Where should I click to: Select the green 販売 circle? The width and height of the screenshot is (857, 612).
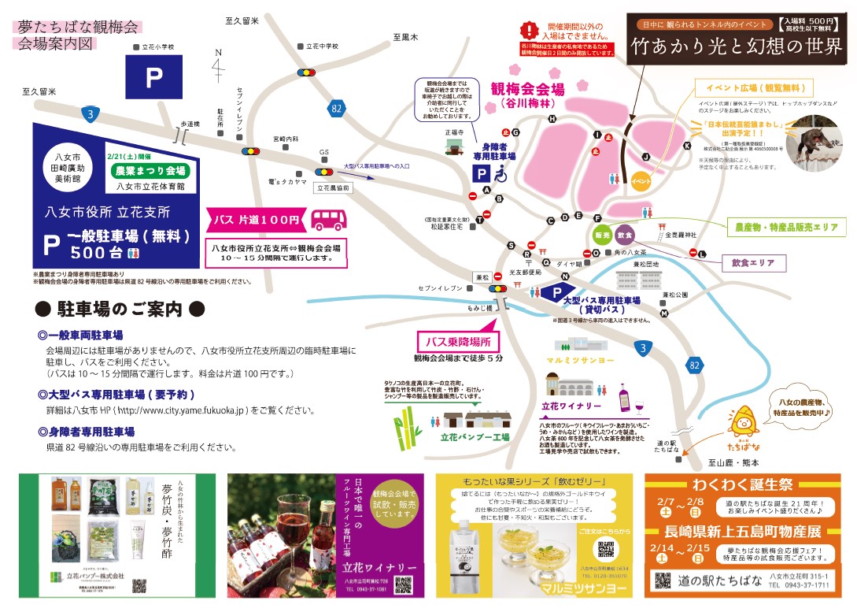point(602,235)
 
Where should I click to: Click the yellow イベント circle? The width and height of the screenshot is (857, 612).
point(641,181)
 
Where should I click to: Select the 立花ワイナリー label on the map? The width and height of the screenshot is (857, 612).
point(569,406)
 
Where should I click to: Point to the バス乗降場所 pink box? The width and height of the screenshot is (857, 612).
point(458,341)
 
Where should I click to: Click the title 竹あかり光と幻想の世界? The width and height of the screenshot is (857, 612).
point(737,46)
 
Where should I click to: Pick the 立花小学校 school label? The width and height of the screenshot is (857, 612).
point(154,47)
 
